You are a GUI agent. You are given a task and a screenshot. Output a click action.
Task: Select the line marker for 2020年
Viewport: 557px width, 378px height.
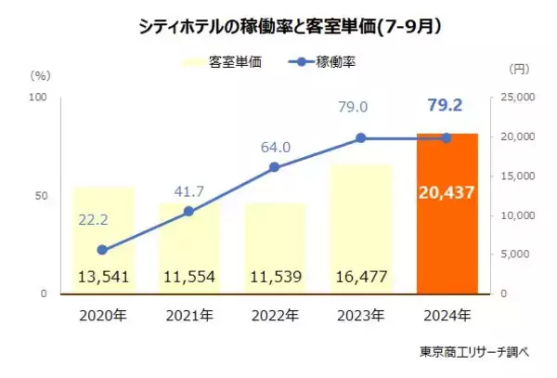[102, 250]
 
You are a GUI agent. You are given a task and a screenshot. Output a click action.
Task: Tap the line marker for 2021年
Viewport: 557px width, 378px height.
[188, 211]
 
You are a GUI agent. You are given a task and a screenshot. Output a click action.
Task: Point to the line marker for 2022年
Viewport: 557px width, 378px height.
[274, 167]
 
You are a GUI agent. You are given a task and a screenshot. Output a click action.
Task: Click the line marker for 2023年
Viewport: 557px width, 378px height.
[360, 137]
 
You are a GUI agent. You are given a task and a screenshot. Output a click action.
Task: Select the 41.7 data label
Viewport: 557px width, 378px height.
[188, 190]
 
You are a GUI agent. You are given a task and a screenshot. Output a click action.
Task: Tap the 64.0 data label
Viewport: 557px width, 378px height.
[275, 146]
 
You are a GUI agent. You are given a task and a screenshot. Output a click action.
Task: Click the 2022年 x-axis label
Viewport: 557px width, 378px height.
[274, 315]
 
